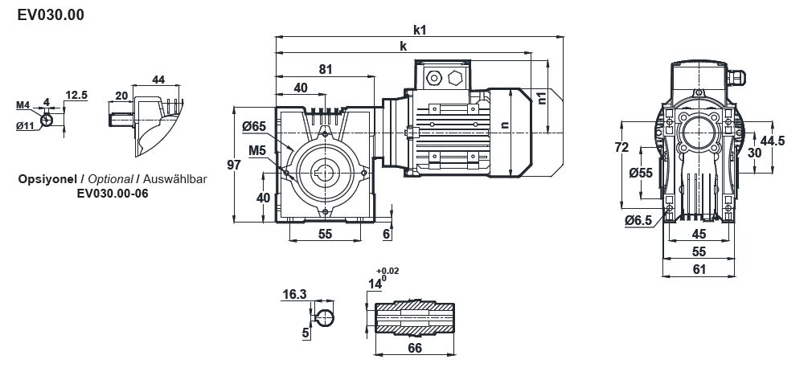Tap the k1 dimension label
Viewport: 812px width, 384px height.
point(419,30)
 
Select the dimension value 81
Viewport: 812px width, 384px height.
point(326,70)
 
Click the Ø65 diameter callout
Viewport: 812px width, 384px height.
point(253,126)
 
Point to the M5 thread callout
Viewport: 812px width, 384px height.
point(257,149)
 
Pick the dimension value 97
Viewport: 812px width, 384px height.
point(234,165)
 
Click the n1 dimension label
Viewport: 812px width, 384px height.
point(541,98)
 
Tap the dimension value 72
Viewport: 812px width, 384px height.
point(621,147)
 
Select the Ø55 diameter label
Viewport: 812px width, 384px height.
point(640,172)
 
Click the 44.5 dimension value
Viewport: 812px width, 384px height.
point(772,141)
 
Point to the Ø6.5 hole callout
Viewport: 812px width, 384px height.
point(637,220)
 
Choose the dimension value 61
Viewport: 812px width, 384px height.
point(699,269)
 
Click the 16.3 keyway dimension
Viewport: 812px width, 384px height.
point(295,295)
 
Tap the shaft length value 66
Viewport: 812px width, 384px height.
point(416,348)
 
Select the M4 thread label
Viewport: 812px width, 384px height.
point(23,105)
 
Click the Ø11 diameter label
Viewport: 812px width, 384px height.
point(24,125)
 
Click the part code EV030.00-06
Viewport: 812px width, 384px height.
point(113,193)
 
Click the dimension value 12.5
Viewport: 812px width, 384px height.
point(76,95)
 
